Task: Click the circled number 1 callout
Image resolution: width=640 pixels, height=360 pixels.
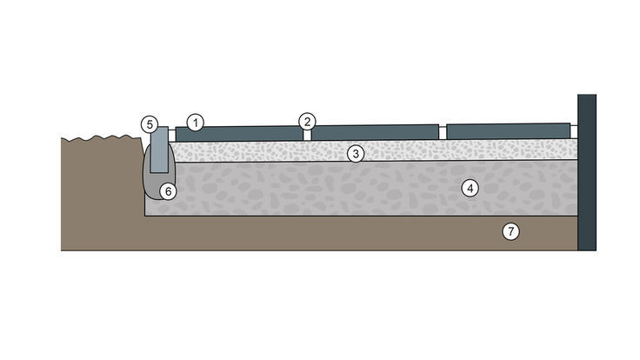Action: point(195,123)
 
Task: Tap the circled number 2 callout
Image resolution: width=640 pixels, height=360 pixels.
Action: point(307,121)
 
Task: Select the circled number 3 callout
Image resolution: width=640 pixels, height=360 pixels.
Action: point(356,154)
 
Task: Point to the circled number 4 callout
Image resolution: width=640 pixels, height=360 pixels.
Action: point(470,189)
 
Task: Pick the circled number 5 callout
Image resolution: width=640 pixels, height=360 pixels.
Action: point(150,124)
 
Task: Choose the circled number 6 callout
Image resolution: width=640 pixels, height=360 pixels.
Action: point(168,191)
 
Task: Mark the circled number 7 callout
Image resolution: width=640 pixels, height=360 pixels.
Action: point(510,232)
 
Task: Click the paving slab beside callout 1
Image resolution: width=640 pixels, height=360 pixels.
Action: point(240,134)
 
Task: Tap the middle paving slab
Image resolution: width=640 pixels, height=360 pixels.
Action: point(375,132)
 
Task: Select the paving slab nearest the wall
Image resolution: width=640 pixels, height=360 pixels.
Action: point(508,131)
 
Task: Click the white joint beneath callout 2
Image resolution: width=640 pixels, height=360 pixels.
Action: point(307,135)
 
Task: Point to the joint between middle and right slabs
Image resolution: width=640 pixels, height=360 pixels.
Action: point(443,133)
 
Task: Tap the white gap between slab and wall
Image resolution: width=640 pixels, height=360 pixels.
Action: point(574,132)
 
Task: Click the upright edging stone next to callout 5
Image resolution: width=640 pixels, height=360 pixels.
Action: point(159,150)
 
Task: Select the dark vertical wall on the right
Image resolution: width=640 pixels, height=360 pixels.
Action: point(587,172)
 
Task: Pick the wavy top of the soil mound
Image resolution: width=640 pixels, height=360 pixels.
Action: point(101,138)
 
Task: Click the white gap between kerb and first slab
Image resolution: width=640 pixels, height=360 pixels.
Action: point(172,136)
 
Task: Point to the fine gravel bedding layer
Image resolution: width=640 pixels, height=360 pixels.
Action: point(373,150)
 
